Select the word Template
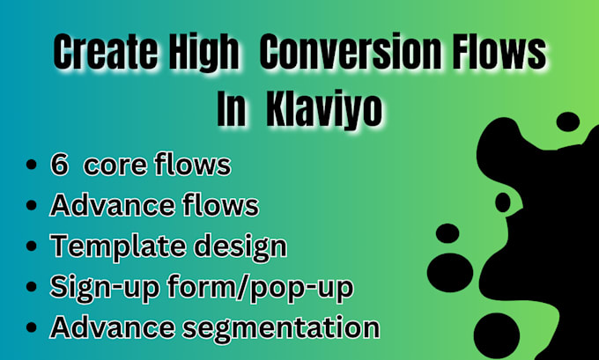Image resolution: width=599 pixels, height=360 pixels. tap(106, 246)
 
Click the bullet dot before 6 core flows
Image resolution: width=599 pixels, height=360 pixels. tap(33, 165)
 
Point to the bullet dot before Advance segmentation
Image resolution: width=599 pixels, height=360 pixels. tap(33, 328)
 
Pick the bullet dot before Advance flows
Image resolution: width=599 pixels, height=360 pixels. tap(33, 207)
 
